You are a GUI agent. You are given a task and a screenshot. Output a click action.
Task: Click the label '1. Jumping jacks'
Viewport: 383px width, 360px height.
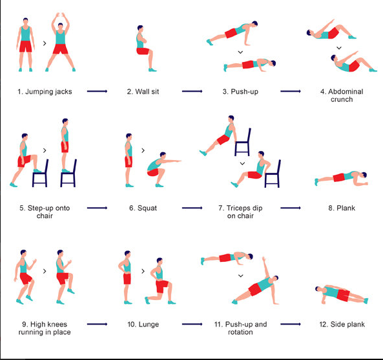[x=45, y=92]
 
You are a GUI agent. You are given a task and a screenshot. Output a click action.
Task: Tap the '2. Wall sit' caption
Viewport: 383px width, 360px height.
[x=143, y=92]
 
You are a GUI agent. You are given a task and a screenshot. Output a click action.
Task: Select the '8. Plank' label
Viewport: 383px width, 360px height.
[x=342, y=208]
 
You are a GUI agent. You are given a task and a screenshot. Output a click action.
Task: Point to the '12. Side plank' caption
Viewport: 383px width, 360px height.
[x=342, y=325]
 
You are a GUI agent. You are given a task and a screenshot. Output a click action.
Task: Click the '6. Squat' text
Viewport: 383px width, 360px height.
[x=143, y=208]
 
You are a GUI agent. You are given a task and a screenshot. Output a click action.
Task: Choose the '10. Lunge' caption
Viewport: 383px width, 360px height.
[x=143, y=325]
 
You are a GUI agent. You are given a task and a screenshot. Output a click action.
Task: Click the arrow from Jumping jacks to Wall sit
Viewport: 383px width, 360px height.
[x=98, y=91]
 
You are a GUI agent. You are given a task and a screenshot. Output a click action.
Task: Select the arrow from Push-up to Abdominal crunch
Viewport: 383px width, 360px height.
[x=291, y=91]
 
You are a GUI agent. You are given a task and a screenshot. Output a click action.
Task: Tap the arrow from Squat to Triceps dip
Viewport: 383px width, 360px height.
[x=192, y=208]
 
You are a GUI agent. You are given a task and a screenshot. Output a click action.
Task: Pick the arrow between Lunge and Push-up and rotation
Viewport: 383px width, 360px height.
[x=192, y=324]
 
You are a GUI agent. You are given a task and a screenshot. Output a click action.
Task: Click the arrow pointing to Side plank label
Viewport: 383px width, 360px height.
[x=291, y=324]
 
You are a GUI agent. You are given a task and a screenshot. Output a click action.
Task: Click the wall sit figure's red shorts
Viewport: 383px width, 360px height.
[x=143, y=51]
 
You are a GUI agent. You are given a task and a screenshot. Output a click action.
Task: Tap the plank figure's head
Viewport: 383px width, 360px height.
[x=364, y=175]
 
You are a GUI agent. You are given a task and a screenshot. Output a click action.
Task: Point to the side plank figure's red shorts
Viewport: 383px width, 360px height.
[x=343, y=295]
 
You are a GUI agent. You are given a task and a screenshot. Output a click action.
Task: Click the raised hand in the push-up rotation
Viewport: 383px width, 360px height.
[x=264, y=259]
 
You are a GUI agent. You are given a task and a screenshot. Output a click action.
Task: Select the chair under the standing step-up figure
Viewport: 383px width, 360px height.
[x=68, y=174]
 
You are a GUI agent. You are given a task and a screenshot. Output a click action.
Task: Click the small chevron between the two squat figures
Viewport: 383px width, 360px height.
[x=143, y=150]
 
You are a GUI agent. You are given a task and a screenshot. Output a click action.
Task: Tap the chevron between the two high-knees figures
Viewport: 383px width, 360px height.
[x=45, y=271]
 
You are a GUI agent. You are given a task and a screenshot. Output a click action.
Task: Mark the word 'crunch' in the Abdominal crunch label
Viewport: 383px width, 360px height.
[x=342, y=99]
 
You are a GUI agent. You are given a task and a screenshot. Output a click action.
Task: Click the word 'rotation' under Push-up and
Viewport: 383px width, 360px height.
[x=240, y=332]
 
